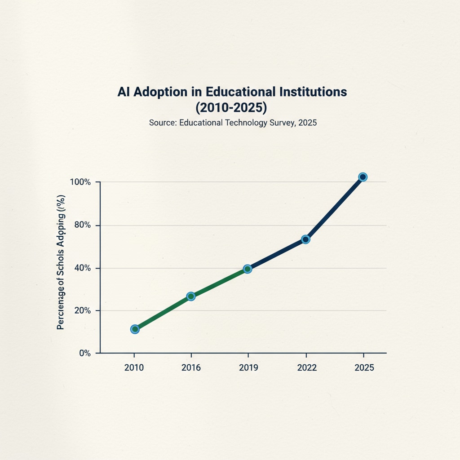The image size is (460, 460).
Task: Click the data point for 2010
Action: [135, 329]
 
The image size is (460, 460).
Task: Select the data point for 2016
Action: [191, 296]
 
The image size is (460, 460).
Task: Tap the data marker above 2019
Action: [247, 269]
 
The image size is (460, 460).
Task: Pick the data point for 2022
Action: [305, 239]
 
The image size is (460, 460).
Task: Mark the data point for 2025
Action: [363, 177]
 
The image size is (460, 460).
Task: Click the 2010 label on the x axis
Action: [134, 367]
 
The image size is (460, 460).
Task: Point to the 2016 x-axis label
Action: [191, 367]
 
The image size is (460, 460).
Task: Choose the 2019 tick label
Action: [248, 367]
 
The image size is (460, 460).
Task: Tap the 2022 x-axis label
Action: [307, 367]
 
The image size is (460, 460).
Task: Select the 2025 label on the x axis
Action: [364, 367]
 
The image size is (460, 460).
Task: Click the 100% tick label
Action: [81, 182]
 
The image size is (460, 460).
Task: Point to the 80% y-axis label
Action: [83, 225]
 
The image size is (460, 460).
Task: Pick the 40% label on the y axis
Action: [83, 268]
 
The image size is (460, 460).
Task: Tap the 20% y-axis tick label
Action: [83, 311]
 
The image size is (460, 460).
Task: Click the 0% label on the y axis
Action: [85, 354]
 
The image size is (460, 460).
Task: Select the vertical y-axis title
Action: [61, 262]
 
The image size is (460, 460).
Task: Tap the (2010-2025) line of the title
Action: [232, 108]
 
